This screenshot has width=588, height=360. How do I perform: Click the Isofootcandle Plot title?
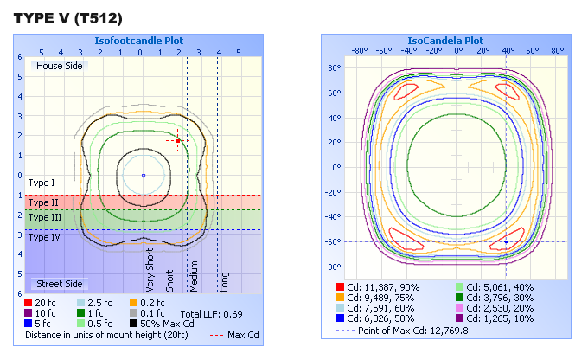[x=143, y=41]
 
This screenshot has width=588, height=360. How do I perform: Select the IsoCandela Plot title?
[x=445, y=41]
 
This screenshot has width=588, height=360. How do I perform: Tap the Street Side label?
[x=58, y=284]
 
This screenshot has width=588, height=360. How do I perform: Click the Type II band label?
[x=42, y=202]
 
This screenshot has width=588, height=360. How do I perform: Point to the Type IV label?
[x=43, y=236]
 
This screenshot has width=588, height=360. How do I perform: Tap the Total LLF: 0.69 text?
[x=211, y=312]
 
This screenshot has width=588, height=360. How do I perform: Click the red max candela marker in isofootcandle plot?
[x=177, y=141]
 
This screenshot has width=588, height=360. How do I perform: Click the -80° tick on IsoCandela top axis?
[x=361, y=50]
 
